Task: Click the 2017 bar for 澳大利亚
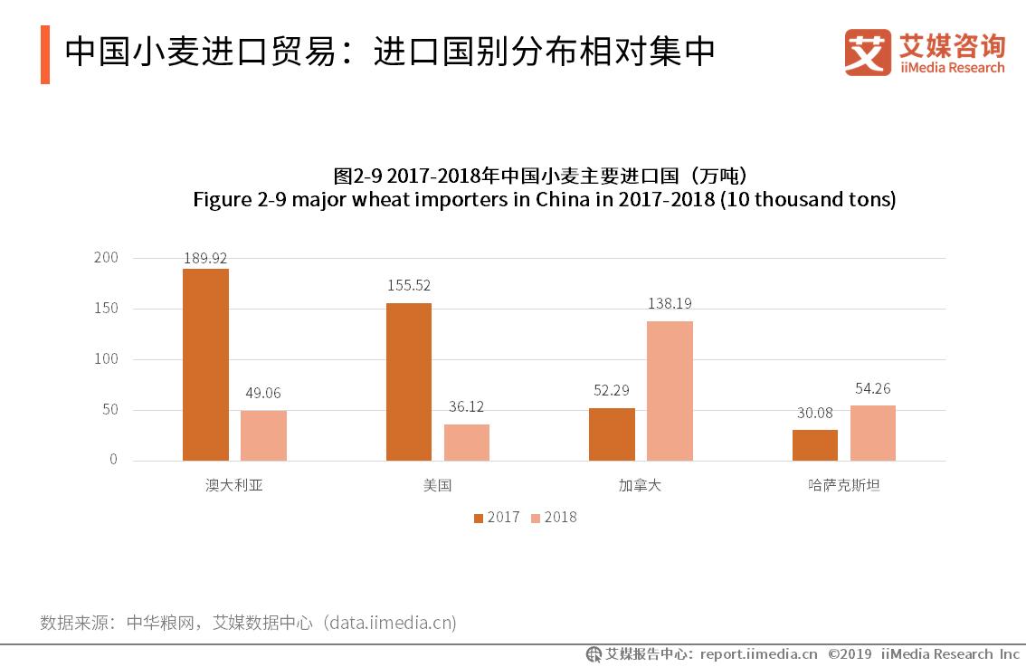point(205,365)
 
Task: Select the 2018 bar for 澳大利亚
point(263,435)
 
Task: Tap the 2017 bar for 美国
point(409,382)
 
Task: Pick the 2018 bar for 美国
point(467,443)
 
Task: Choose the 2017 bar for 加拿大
point(612,434)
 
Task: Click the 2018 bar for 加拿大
point(670,391)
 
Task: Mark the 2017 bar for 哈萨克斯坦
point(815,445)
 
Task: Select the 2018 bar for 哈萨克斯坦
point(873,434)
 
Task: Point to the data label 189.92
point(205,258)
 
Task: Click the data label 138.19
point(670,304)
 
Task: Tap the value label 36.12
point(467,407)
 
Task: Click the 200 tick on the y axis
point(106,258)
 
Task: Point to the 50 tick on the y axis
point(109,410)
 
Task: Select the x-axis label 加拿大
point(641,485)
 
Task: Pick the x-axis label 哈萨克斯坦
point(844,485)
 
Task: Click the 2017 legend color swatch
point(479,518)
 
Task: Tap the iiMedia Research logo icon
point(867,52)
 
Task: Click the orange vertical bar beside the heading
point(45,54)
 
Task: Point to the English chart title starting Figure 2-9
point(544,199)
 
